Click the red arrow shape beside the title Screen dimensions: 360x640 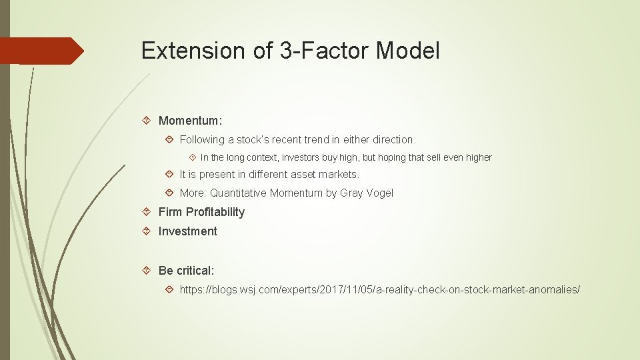(42, 51)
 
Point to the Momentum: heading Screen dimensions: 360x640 (190, 121)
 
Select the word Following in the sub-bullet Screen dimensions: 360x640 (203, 140)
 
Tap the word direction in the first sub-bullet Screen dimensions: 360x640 (391, 140)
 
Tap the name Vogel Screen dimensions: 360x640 (379, 193)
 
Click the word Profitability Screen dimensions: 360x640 (215, 212)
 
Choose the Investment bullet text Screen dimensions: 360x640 (187, 231)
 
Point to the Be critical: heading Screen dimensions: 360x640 (186, 271)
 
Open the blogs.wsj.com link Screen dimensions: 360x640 (379, 290)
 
